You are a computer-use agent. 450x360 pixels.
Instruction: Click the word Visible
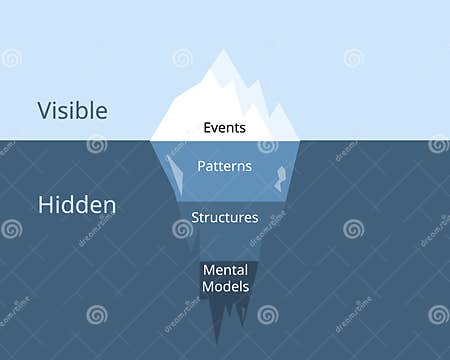pyautogui.click(x=73, y=111)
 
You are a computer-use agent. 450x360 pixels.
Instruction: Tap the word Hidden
pyautogui.click(x=77, y=205)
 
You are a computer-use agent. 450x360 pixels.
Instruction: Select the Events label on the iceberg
pyautogui.click(x=224, y=128)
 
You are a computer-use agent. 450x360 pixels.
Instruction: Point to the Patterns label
pyautogui.click(x=224, y=167)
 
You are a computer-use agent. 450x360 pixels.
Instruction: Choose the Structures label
pyautogui.click(x=225, y=217)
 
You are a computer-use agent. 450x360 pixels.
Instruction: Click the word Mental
pyautogui.click(x=225, y=270)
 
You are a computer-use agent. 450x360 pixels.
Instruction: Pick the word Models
pyautogui.click(x=225, y=286)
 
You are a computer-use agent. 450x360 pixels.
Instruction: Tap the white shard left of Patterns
pyautogui.click(x=175, y=172)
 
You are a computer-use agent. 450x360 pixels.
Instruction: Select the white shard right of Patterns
pyautogui.click(x=280, y=178)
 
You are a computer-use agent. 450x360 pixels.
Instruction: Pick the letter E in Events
pyautogui.click(x=206, y=128)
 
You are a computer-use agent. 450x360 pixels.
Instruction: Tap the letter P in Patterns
pyautogui.click(x=201, y=167)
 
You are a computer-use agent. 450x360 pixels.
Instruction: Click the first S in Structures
pyautogui.click(x=195, y=217)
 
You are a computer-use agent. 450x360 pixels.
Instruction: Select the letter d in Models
pyautogui.click(x=226, y=286)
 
